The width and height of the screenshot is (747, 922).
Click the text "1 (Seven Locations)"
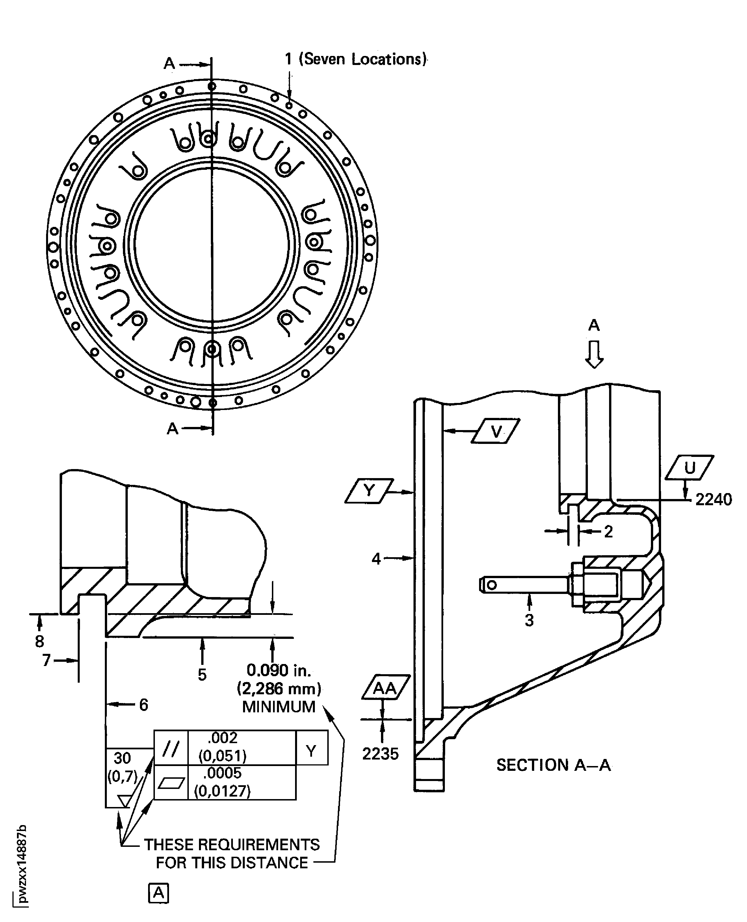pyautogui.click(x=356, y=59)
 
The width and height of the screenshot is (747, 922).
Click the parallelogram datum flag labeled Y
pyautogui.click(x=369, y=491)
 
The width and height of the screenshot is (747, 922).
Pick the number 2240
pyautogui.click(x=713, y=500)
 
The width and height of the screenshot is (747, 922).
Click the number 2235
pyautogui.click(x=380, y=754)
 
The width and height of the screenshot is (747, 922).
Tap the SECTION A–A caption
pyautogui.click(x=553, y=765)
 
